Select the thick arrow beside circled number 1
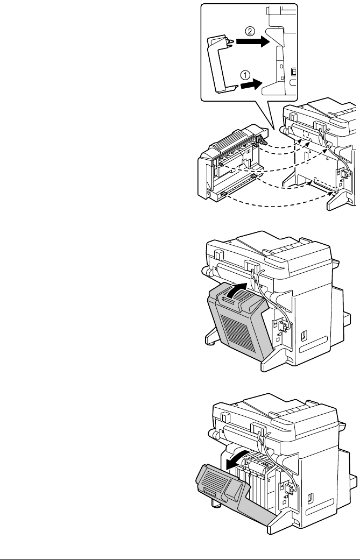[x=250, y=83]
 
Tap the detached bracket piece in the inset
[x=221, y=62]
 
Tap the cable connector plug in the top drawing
[x=341, y=173]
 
